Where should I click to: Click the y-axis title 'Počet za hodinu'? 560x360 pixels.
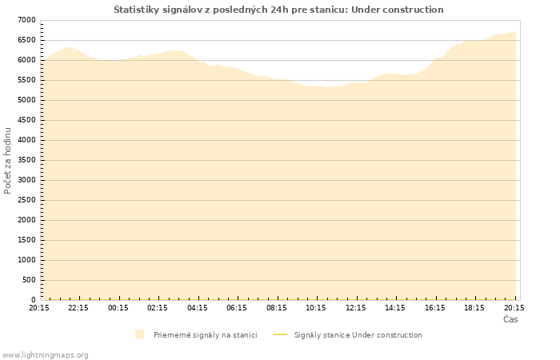coord(8,160)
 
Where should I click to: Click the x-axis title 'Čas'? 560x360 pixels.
coord(510,319)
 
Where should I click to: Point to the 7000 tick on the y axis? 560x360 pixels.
coord(26,20)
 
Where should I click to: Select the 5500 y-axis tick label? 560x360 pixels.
coord(26,80)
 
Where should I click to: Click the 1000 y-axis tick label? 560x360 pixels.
coord(26,260)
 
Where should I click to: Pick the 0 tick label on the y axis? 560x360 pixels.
coord(33,300)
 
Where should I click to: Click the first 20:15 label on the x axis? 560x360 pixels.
coord(39,307)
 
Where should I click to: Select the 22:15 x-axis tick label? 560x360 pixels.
coord(78,307)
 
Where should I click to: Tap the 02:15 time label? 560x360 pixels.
coord(158,307)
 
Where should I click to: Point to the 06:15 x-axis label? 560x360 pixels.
coord(237,307)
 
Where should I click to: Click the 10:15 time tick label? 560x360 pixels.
coord(316,307)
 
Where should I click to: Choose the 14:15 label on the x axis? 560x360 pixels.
coord(395,307)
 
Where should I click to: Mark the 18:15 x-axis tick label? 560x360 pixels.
coord(474,307)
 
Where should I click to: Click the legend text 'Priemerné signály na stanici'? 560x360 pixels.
coord(206,335)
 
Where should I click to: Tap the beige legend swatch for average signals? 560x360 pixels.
coord(140,334)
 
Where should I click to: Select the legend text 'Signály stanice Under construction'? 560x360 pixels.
coord(358,335)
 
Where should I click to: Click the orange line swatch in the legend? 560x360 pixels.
coord(280,334)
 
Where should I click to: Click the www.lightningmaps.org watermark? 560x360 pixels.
coord(46,354)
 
